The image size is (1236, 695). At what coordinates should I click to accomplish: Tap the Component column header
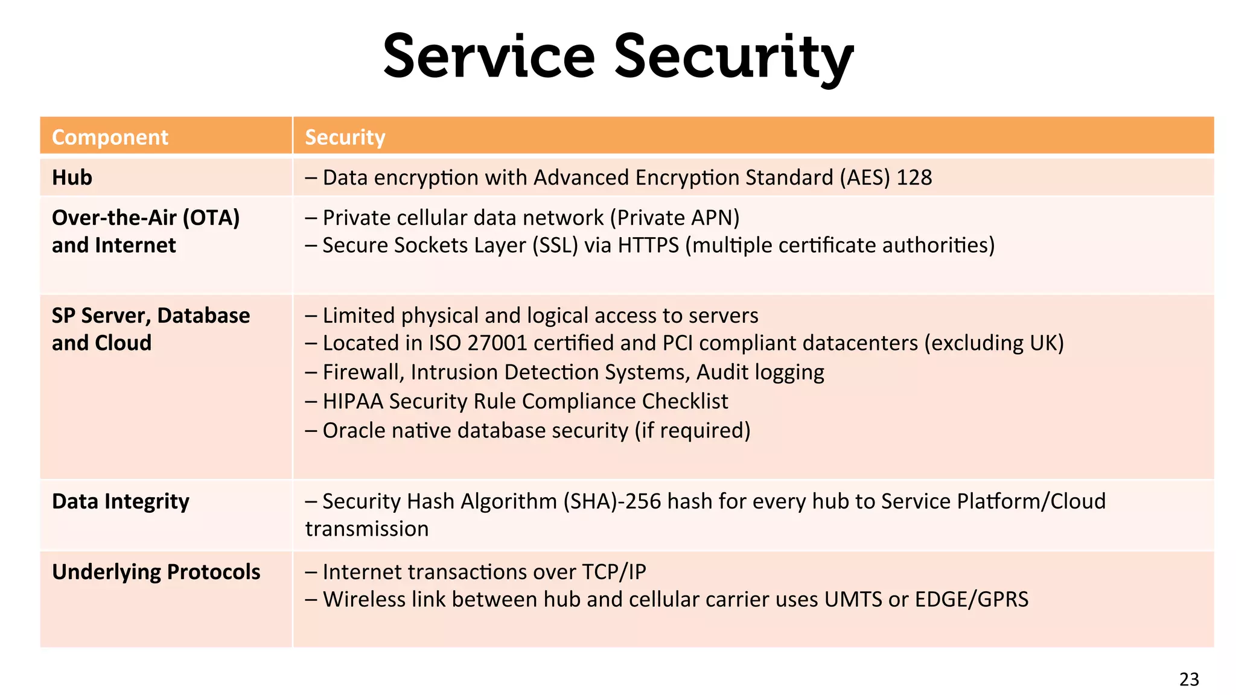pyautogui.click(x=110, y=138)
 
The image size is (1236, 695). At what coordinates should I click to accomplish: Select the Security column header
pyautogui.click(x=345, y=138)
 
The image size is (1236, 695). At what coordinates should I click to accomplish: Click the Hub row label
pyautogui.click(x=72, y=177)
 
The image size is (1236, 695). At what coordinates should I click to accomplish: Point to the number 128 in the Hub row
pyautogui.click(x=914, y=177)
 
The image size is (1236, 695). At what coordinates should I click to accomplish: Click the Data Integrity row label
pyautogui.click(x=121, y=501)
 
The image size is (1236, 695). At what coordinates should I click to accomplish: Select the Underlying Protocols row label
pyautogui.click(x=156, y=572)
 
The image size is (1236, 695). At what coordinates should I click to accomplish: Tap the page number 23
pyautogui.click(x=1189, y=679)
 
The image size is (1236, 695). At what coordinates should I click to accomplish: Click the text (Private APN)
pyautogui.click(x=675, y=218)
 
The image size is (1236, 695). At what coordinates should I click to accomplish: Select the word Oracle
pyautogui.click(x=354, y=431)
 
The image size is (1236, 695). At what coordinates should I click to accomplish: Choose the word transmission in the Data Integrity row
pyautogui.click(x=367, y=529)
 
